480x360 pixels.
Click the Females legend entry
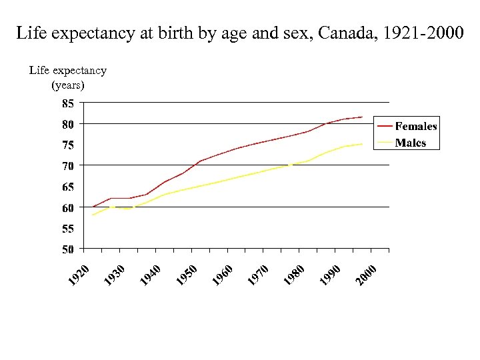click(416, 126)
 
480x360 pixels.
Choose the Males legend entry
click(410, 143)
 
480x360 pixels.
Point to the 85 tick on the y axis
click(68, 104)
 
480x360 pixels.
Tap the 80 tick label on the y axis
click(68, 124)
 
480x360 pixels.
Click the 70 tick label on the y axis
click(68, 165)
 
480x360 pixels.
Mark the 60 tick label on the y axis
click(68, 208)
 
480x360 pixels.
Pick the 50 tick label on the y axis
click(68, 249)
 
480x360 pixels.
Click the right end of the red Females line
click(362, 117)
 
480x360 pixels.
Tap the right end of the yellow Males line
click(362, 144)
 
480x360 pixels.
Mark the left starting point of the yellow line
click(93, 215)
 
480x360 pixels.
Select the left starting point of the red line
click(93, 207)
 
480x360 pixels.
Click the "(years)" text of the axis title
click(68, 85)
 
